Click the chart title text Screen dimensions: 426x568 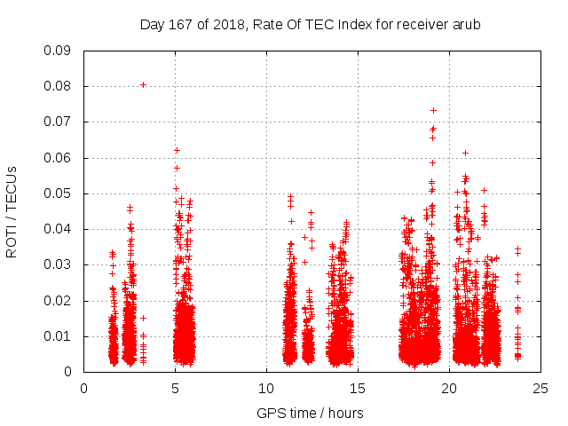pos(310,25)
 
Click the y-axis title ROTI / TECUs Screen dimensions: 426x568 pos(12,211)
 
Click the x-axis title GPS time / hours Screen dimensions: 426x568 pos(310,413)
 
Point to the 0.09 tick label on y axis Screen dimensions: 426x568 pos(58,51)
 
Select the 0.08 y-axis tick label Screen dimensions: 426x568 pos(58,86)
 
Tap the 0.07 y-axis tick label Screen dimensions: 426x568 pos(58,122)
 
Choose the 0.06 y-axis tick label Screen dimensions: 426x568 pos(58,158)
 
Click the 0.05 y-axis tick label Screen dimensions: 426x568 pos(58,193)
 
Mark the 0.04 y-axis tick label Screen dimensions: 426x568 pos(58,229)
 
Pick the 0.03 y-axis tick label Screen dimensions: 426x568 pos(58,264)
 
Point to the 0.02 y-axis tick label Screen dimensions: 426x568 pos(58,300)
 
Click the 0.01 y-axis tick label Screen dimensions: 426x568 pos(58,336)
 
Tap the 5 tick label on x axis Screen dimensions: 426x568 pos(176,388)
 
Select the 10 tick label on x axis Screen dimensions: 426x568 pos(267,388)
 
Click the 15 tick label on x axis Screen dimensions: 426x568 pos(359,388)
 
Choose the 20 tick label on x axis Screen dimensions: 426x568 pos(450,388)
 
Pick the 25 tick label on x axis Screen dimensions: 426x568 pos(541,388)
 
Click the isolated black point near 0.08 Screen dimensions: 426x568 pos(143,85)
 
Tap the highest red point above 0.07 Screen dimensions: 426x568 pos(433,110)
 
